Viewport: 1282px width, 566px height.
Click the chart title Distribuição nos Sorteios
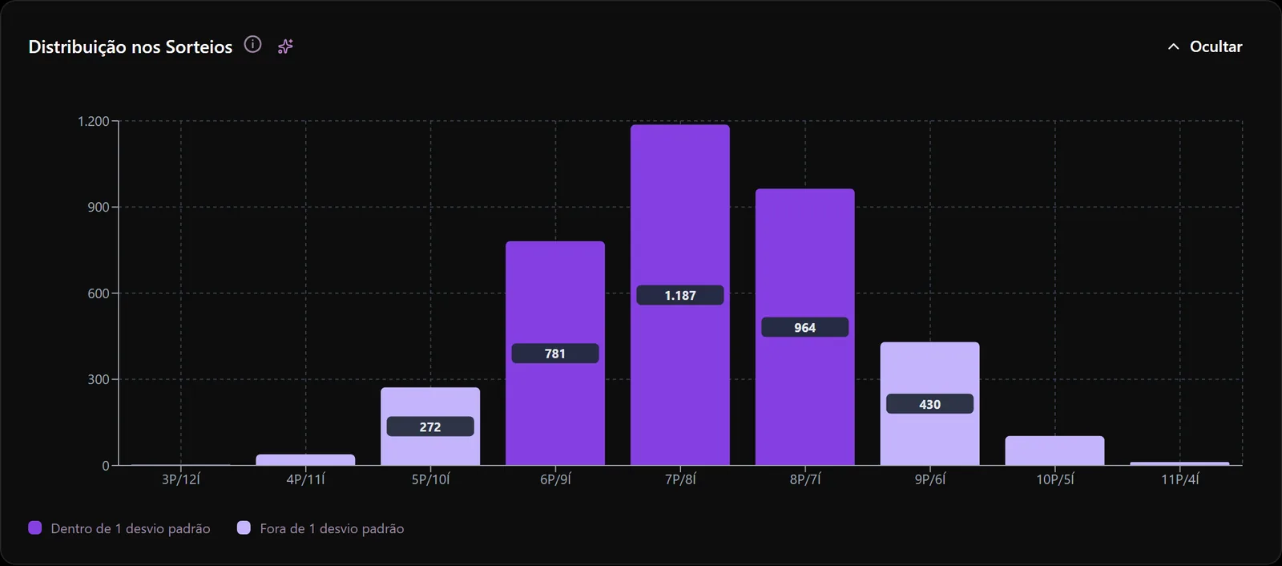(131, 46)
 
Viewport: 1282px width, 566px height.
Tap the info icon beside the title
(252, 45)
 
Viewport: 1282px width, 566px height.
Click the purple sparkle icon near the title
(285, 46)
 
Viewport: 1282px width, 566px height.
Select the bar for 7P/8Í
(680, 294)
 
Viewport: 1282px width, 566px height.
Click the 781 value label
(555, 354)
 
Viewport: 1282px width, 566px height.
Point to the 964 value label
(804, 327)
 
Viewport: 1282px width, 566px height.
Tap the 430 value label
(929, 404)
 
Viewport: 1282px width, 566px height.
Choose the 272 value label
(430, 427)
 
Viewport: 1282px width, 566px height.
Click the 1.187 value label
(680, 295)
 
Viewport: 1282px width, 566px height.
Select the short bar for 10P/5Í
(1054, 451)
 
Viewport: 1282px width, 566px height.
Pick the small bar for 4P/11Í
(305, 460)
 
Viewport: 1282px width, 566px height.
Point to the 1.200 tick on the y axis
(93, 121)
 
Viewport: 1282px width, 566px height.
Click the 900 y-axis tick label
(99, 208)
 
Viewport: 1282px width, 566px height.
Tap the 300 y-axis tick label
(99, 379)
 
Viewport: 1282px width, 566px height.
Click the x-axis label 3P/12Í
(181, 479)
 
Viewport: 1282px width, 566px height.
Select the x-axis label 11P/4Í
(1179, 479)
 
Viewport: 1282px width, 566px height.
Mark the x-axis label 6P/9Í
(555, 479)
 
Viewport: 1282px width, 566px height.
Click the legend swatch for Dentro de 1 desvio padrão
(35, 528)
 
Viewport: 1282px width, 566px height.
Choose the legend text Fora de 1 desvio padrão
(332, 528)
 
